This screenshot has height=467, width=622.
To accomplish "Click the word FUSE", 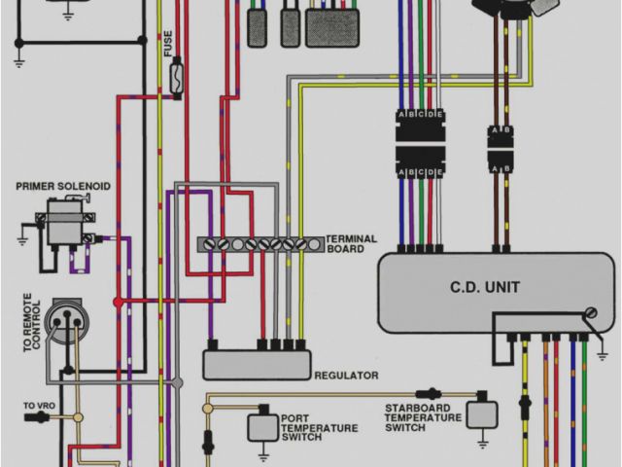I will coord(168,43).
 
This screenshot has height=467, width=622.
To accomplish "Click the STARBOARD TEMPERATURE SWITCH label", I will coord(423,416).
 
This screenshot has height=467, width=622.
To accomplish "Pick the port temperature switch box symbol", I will coord(260,427).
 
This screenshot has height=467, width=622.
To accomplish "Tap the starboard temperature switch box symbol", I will coord(481,413).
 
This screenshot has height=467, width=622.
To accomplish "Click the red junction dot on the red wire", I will coord(119,302).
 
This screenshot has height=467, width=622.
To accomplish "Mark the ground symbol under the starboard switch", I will coord(481,445).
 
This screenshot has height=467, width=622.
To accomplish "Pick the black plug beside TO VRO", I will coord(40,417).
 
